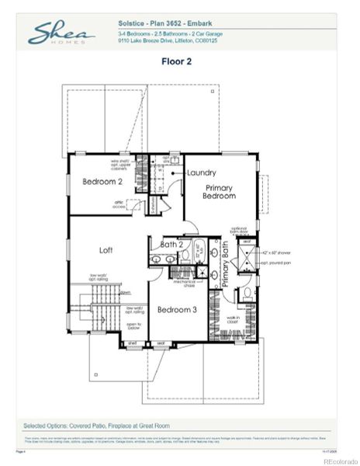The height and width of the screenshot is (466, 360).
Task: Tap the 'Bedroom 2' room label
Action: tap(103, 182)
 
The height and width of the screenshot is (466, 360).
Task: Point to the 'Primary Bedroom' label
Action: tap(220, 192)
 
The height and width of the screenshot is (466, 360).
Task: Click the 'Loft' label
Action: tap(107, 250)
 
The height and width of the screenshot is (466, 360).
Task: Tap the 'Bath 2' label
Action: tap(171, 245)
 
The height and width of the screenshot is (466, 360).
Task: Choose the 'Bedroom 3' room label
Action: tap(178, 309)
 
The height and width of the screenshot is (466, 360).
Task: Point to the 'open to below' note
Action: tap(133, 328)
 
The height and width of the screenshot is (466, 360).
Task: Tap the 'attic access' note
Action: tap(119, 205)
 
